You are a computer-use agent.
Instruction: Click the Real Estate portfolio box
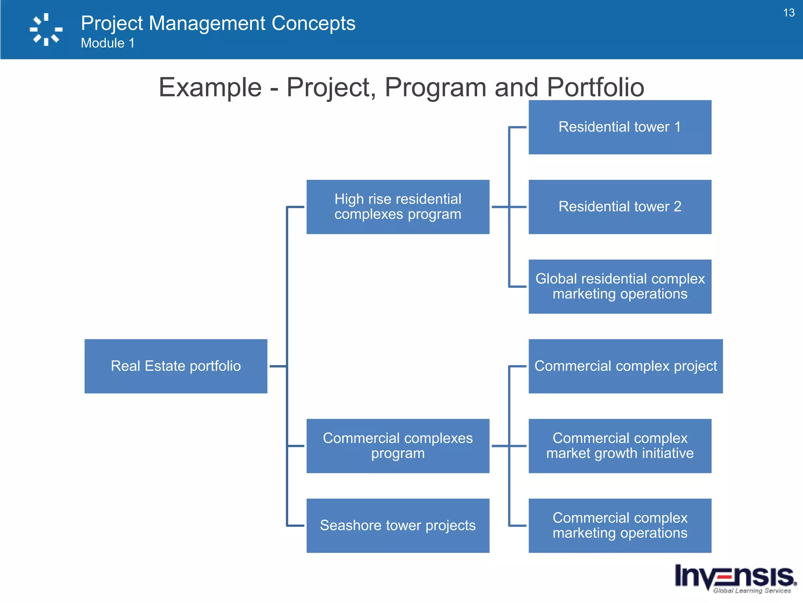click(176, 366)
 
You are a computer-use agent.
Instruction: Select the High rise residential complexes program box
click(398, 207)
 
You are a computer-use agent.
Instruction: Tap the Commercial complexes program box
click(398, 446)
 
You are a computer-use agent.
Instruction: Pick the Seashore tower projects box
click(398, 525)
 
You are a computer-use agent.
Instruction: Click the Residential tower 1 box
click(620, 127)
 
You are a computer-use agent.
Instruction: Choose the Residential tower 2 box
click(620, 207)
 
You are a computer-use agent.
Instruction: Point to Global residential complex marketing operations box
click(620, 286)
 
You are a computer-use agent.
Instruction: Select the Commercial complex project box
click(625, 366)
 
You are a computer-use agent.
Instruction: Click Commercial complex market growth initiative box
click(620, 446)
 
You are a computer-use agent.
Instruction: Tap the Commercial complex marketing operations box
click(620, 525)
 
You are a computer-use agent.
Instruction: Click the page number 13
click(788, 13)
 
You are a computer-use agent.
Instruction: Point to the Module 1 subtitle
click(107, 43)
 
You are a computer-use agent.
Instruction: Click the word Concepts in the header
click(313, 24)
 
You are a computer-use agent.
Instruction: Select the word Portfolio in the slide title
click(595, 87)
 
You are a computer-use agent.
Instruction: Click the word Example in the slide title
click(210, 87)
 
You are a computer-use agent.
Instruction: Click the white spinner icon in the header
click(46, 29)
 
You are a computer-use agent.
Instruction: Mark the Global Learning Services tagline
click(752, 590)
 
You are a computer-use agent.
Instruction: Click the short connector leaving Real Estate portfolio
click(278, 366)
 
